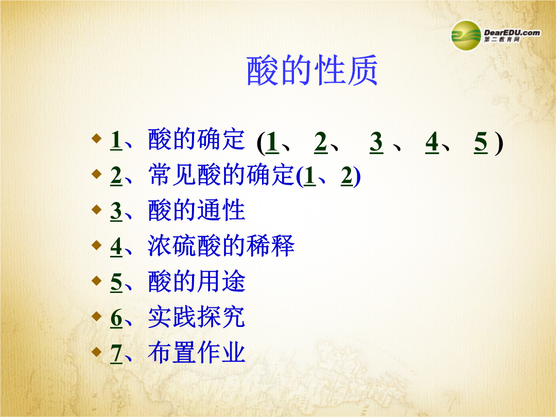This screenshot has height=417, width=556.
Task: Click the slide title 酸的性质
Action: (x=312, y=70)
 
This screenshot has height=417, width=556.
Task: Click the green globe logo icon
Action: (x=466, y=35)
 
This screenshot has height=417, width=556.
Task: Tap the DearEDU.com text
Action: (x=512, y=32)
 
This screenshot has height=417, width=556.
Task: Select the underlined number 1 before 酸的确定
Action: (x=116, y=140)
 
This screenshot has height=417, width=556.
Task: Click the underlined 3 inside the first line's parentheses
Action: (x=376, y=143)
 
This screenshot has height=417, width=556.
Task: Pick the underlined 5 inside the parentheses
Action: (x=481, y=143)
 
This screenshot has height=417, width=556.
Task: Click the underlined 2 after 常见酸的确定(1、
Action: (x=347, y=176)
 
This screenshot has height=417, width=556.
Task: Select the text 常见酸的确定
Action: (x=221, y=175)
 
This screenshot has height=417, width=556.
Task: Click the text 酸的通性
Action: (x=197, y=210)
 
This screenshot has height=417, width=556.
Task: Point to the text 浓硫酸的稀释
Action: (x=221, y=246)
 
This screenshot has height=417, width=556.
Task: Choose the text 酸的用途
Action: (x=197, y=281)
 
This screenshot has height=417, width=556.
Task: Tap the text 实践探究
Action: (x=197, y=317)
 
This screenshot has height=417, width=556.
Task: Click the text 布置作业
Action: (x=197, y=353)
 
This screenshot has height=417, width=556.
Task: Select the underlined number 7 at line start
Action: (x=116, y=354)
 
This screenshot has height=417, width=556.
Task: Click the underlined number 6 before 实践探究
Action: (x=116, y=318)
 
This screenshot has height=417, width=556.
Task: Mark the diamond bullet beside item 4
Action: (x=96, y=245)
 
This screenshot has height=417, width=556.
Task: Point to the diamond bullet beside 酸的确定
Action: (x=96, y=138)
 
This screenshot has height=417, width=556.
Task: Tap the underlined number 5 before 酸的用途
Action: (x=116, y=282)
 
